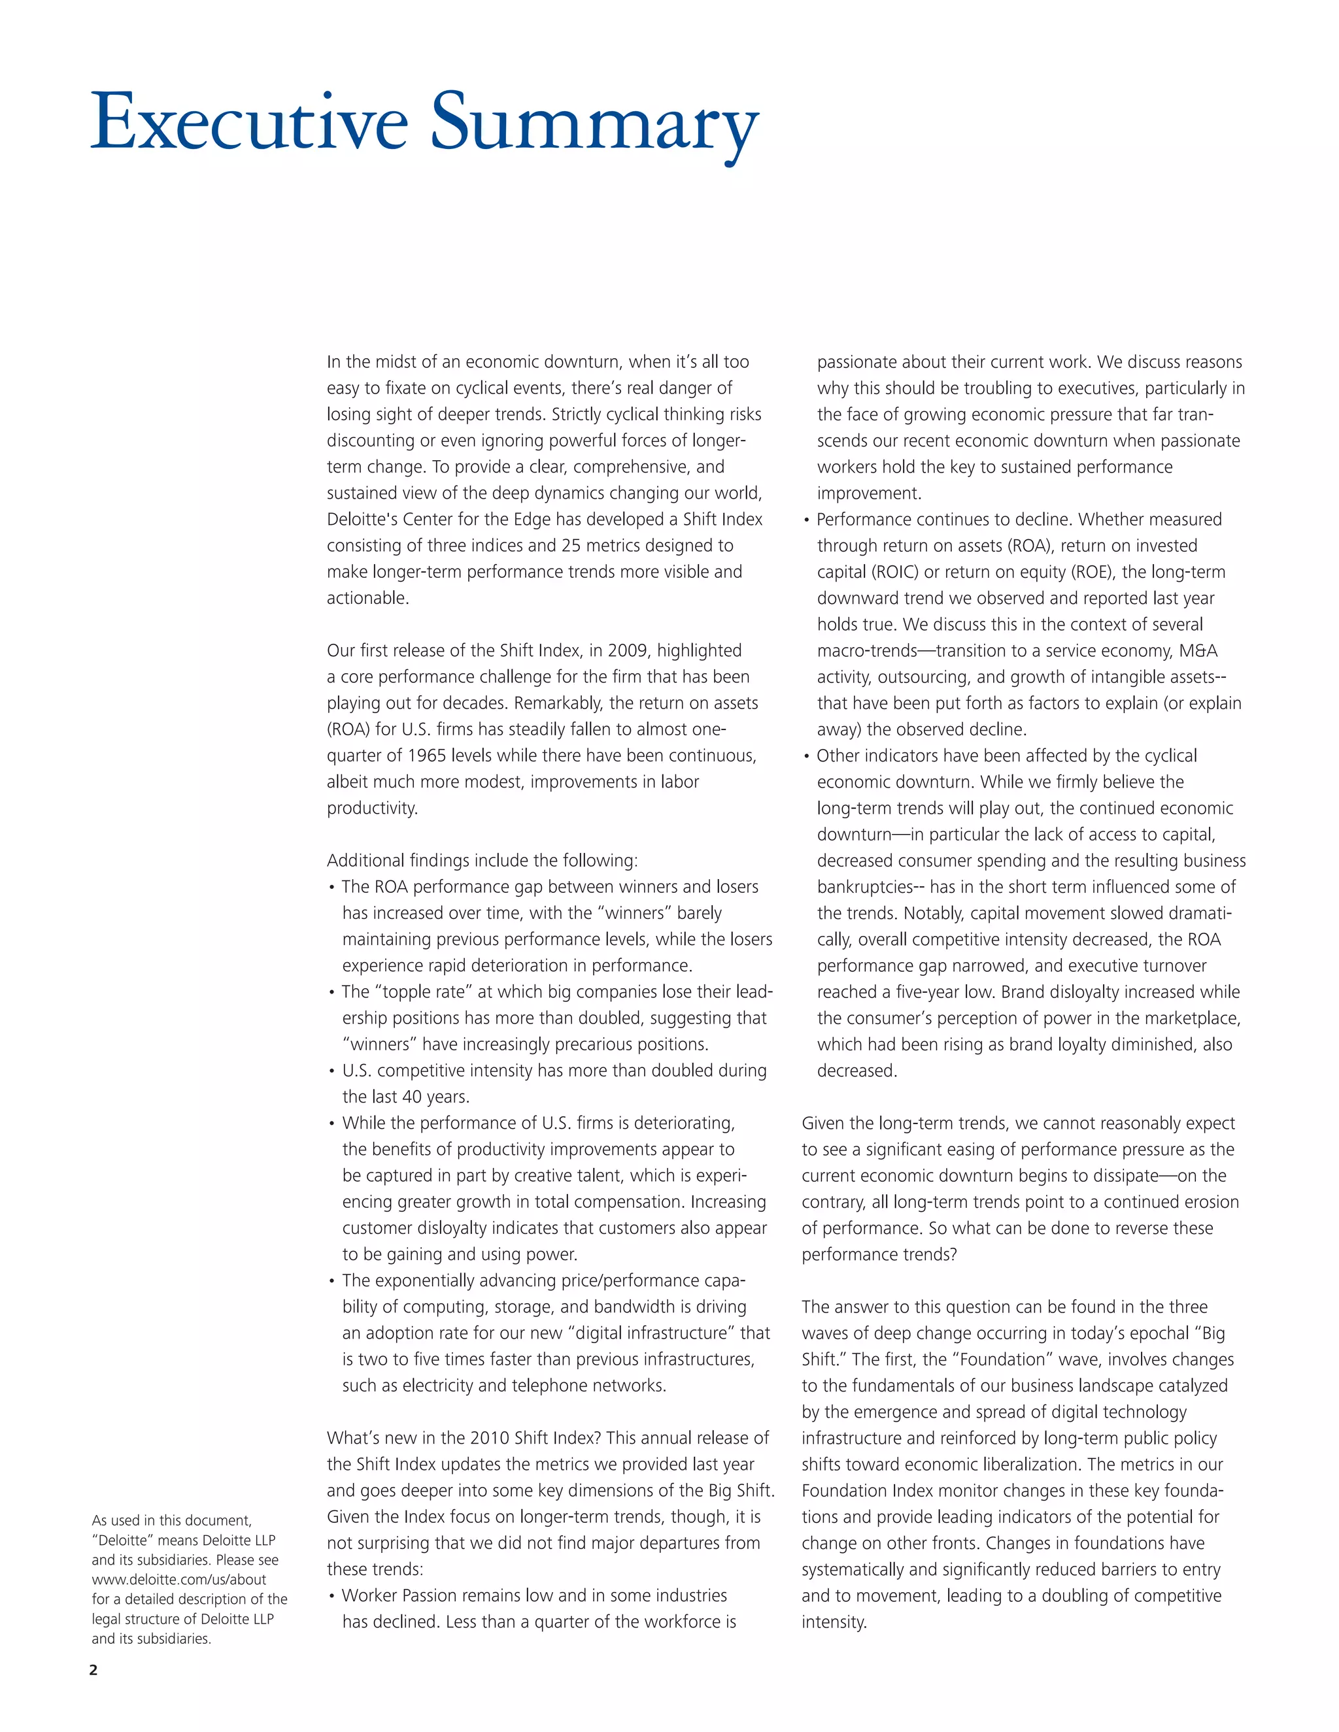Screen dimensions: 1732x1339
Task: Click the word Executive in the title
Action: click(x=249, y=123)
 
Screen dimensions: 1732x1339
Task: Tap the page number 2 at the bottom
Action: click(x=93, y=1669)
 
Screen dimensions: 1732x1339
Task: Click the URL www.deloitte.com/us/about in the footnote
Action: click(x=178, y=1579)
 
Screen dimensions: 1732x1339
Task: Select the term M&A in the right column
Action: click(x=1198, y=650)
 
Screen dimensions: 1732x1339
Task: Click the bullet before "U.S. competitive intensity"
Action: click(x=331, y=1071)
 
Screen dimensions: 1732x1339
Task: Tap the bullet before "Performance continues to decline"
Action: click(x=807, y=520)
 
